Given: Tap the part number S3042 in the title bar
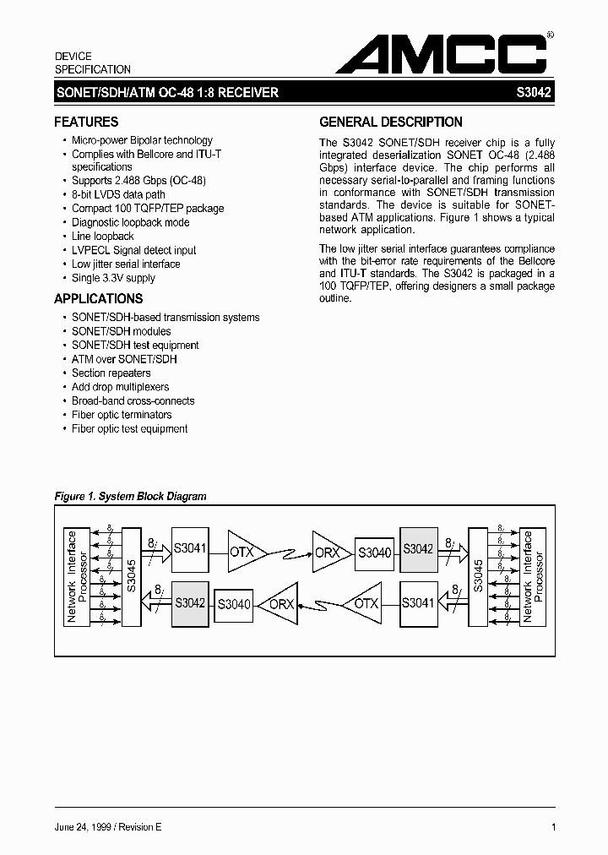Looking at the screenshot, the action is pyautogui.click(x=535, y=93).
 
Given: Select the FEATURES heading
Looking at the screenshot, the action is pyautogui.click(x=86, y=122).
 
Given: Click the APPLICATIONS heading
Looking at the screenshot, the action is pyautogui.click(x=98, y=298).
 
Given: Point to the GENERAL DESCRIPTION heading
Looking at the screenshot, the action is pyautogui.click(x=390, y=122).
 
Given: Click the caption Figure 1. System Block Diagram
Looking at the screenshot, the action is pyautogui.click(x=130, y=497).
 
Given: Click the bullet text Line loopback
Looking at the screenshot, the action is pyautogui.click(x=102, y=237).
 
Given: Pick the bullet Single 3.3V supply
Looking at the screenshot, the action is pyautogui.click(x=113, y=278).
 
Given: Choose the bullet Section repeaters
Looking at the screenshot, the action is pyautogui.click(x=111, y=373).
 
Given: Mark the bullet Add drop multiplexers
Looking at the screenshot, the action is pyautogui.click(x=121, y=387).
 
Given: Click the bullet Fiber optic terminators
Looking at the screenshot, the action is pyautogui.click(x=122, y=415).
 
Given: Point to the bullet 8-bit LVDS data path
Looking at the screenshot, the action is pyautogui.click(x=118, y=194).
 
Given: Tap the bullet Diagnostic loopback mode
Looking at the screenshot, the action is pyautogui.click(x=130, y=222).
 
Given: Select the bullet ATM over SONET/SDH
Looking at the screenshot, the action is pyautogui.click(x=124, y=359).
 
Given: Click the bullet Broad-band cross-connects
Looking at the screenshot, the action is pyautogui.click(x=133, y=401).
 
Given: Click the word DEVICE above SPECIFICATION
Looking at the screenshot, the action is pyautogui.click(x=73, y=56).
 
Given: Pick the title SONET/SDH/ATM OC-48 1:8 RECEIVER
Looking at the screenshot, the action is pyautogui.click(x=166, y=93).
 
